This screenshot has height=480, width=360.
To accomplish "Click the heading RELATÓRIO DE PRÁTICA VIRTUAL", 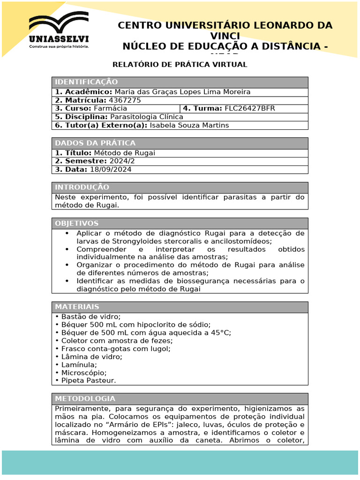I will [x=180, y=65].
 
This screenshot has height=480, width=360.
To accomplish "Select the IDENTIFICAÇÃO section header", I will [x=87, y=82].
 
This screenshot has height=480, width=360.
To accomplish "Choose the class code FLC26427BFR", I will [x=250, y=108].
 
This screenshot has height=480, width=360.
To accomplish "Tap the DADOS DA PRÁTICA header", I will [x=95, y=143].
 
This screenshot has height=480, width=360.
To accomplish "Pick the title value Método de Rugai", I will [x=124, y=153].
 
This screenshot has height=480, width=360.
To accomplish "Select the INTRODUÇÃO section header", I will [x=82, y=187].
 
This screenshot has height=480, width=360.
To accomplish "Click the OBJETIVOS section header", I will [x=77, y=223].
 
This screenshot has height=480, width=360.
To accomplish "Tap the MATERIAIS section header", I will [x=77, y=307].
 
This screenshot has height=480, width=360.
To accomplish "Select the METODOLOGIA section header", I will [x=85, y=399].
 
